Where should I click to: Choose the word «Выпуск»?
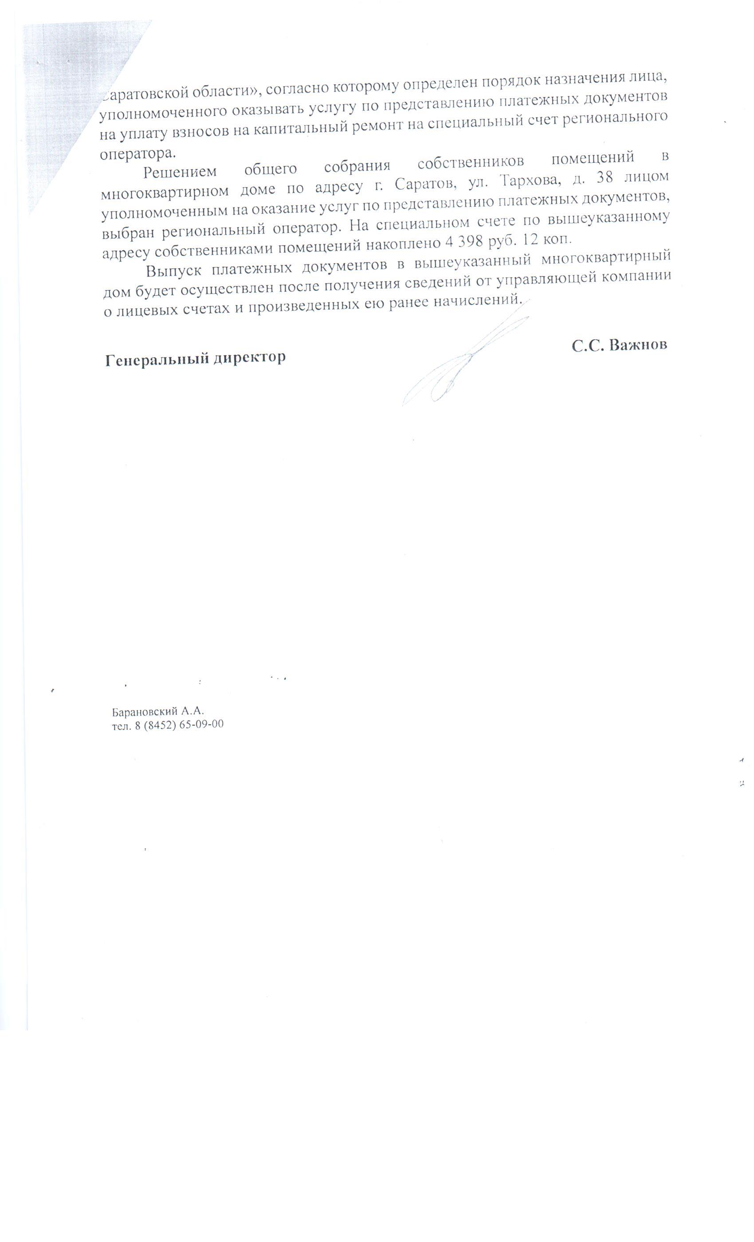[172, 271]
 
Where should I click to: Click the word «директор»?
[249, 357]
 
